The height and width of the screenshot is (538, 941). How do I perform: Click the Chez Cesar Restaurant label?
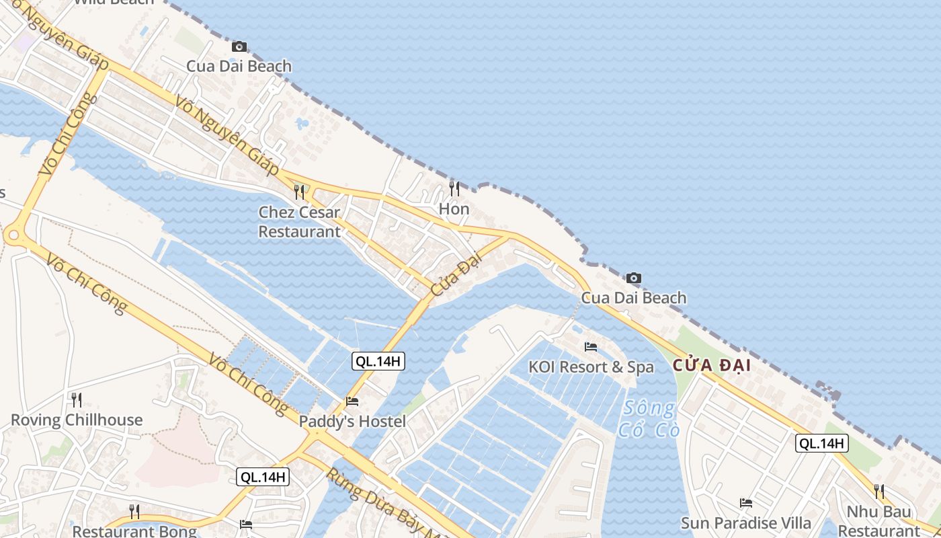(299, 222)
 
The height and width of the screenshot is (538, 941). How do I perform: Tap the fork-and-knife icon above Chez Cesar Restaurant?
(299, 192)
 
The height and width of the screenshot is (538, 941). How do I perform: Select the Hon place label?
(454, 209)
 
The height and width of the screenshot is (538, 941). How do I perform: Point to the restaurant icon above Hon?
(454, 188)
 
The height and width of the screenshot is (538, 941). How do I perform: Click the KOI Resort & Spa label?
(591, 367)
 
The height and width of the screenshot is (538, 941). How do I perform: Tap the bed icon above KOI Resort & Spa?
(591, 347)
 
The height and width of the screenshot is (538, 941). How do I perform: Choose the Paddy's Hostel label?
(352, 422)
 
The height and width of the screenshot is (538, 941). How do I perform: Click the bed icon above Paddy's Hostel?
(352, 401)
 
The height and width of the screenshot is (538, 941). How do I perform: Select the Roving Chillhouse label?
(77, 420)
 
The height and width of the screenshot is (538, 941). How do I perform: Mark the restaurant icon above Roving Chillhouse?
(77, 400)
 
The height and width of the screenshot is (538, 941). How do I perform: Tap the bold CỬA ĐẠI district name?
(711, 366)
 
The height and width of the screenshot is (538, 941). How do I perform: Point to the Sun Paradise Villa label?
(745, 523)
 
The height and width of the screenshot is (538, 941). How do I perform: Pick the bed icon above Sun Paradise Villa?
(745, 502)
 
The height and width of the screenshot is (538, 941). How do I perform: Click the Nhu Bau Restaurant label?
(878, 521)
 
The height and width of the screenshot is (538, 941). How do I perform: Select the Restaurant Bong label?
(134, 531)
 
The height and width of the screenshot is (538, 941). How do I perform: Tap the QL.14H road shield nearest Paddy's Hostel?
(378, 361)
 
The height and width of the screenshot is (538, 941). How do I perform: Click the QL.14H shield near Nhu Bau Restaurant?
(821, 443)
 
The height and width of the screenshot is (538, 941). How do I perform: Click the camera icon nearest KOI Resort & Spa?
(633, 278)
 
